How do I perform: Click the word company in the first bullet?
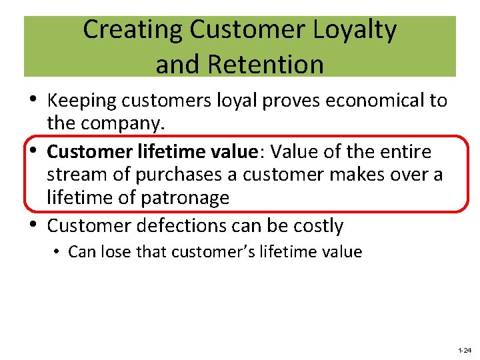[x=126, y=124]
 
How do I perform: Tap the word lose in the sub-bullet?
[x=115, y=252]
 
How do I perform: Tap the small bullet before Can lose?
[x=59, y=252]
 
